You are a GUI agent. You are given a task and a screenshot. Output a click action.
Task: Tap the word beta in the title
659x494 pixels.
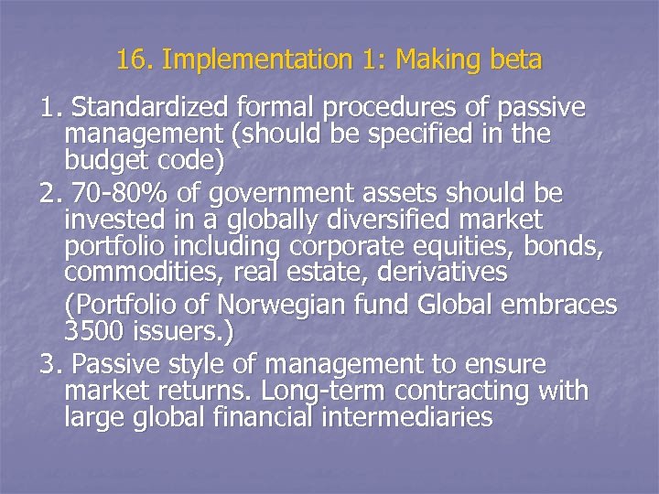tap(514, 60)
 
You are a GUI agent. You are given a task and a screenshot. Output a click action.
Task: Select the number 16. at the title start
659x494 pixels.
tap(135, 60)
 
